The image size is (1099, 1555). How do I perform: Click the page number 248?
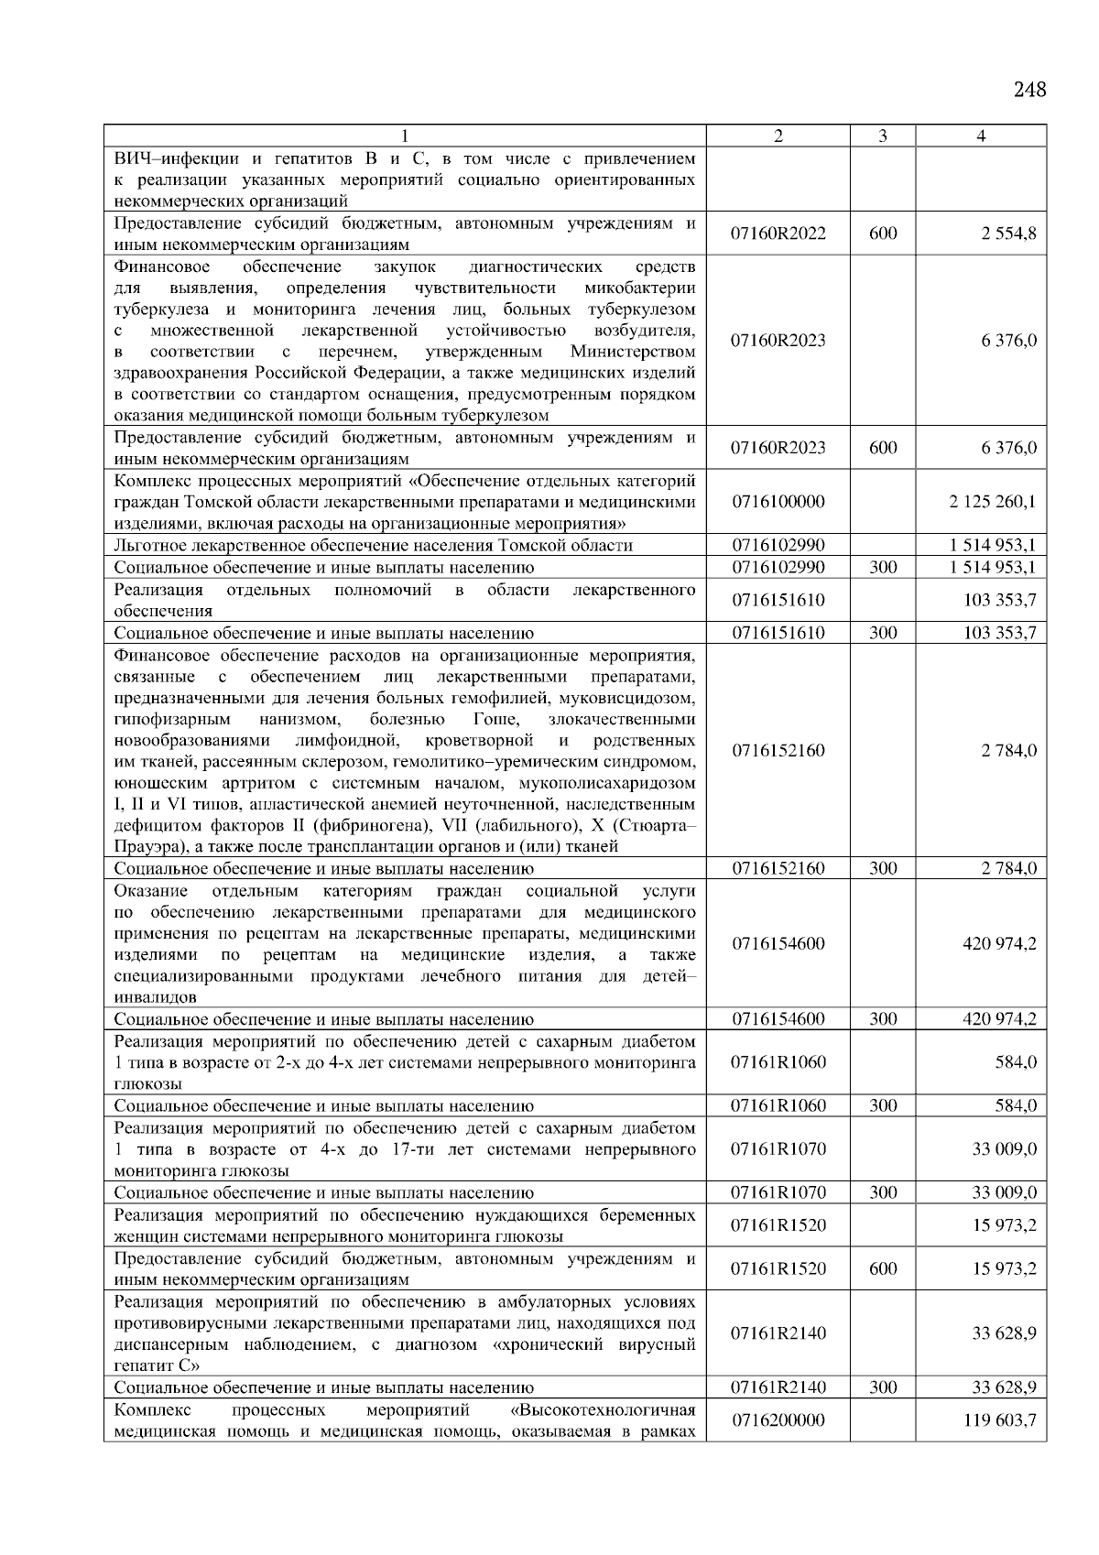tap(1029, 90)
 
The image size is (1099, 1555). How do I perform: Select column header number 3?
tap(882, 136)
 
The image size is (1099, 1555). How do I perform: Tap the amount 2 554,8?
tap(1007, 234)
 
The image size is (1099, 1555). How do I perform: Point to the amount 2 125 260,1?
tap(993, 502)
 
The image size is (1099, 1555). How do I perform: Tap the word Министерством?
tap(632, 353)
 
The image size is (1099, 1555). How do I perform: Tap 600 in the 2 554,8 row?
tap(882, 234)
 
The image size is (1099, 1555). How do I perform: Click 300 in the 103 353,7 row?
tap(882, 633)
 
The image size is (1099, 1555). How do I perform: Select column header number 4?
tap(981, 136)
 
